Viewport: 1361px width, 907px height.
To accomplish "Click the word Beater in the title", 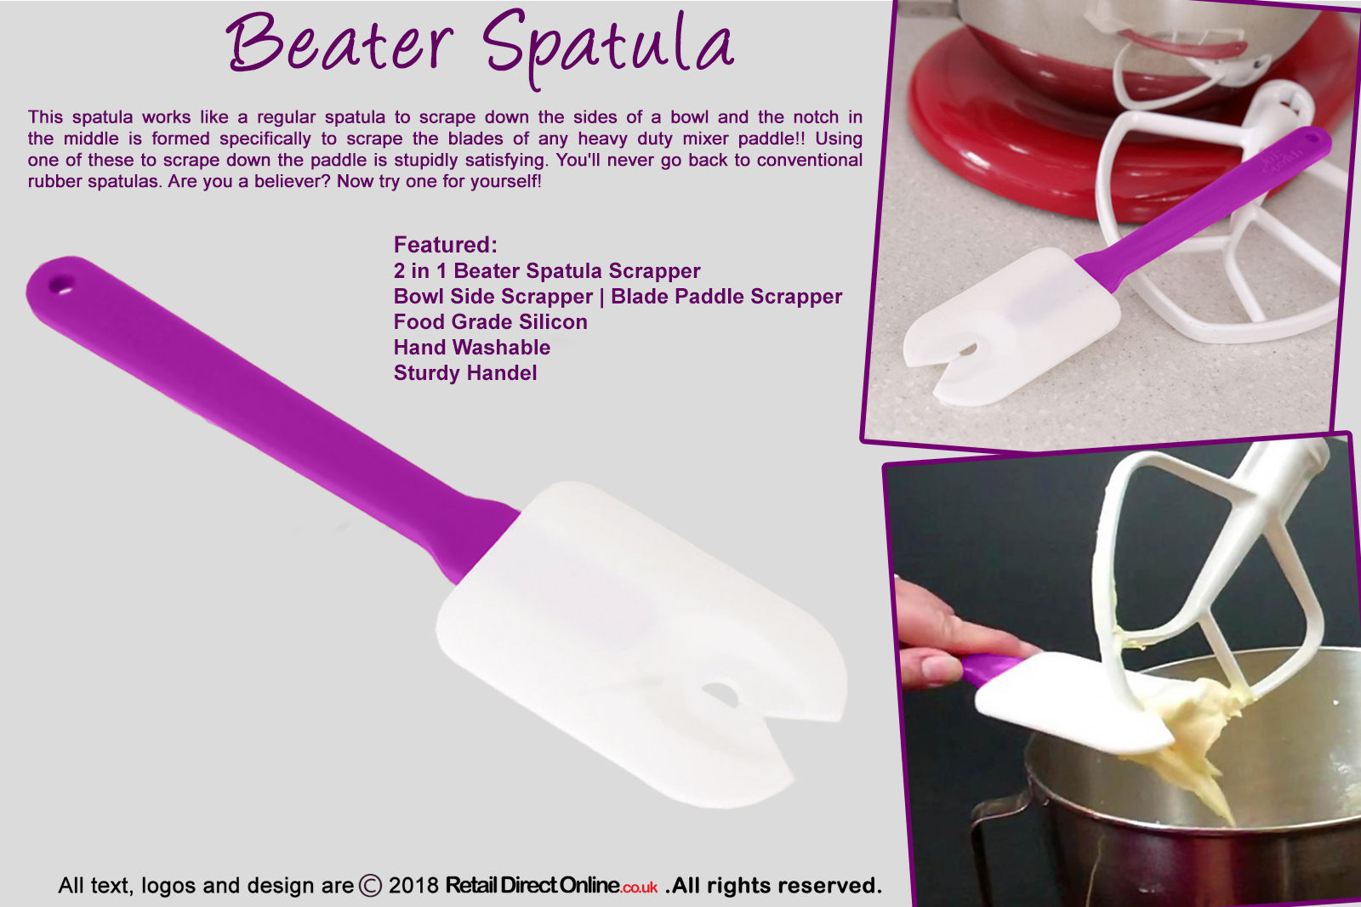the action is (x=339, y=43).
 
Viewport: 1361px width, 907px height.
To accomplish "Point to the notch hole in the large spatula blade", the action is (x=720, y=694).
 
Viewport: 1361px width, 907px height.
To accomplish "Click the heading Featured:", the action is (x=446, y=245).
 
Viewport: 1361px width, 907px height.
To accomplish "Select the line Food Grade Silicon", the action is (x=490, y=322).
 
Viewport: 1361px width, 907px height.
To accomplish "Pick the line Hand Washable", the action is (x=471, y=348).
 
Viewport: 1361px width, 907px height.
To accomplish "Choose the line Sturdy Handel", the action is (x=464, y=373).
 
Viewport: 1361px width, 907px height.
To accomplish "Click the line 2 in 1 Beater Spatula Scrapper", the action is (x=547, y=271).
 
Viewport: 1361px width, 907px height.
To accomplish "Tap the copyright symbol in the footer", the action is (x=370, y=886).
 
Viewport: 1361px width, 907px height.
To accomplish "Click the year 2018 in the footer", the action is (x=413, y=886).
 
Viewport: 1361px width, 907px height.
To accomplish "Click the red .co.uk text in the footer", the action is (x=639, y=887).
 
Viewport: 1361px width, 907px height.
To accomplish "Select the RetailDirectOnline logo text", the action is (x=532, y=885).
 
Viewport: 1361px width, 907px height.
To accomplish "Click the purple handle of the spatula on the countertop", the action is (x=1202, y=207).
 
